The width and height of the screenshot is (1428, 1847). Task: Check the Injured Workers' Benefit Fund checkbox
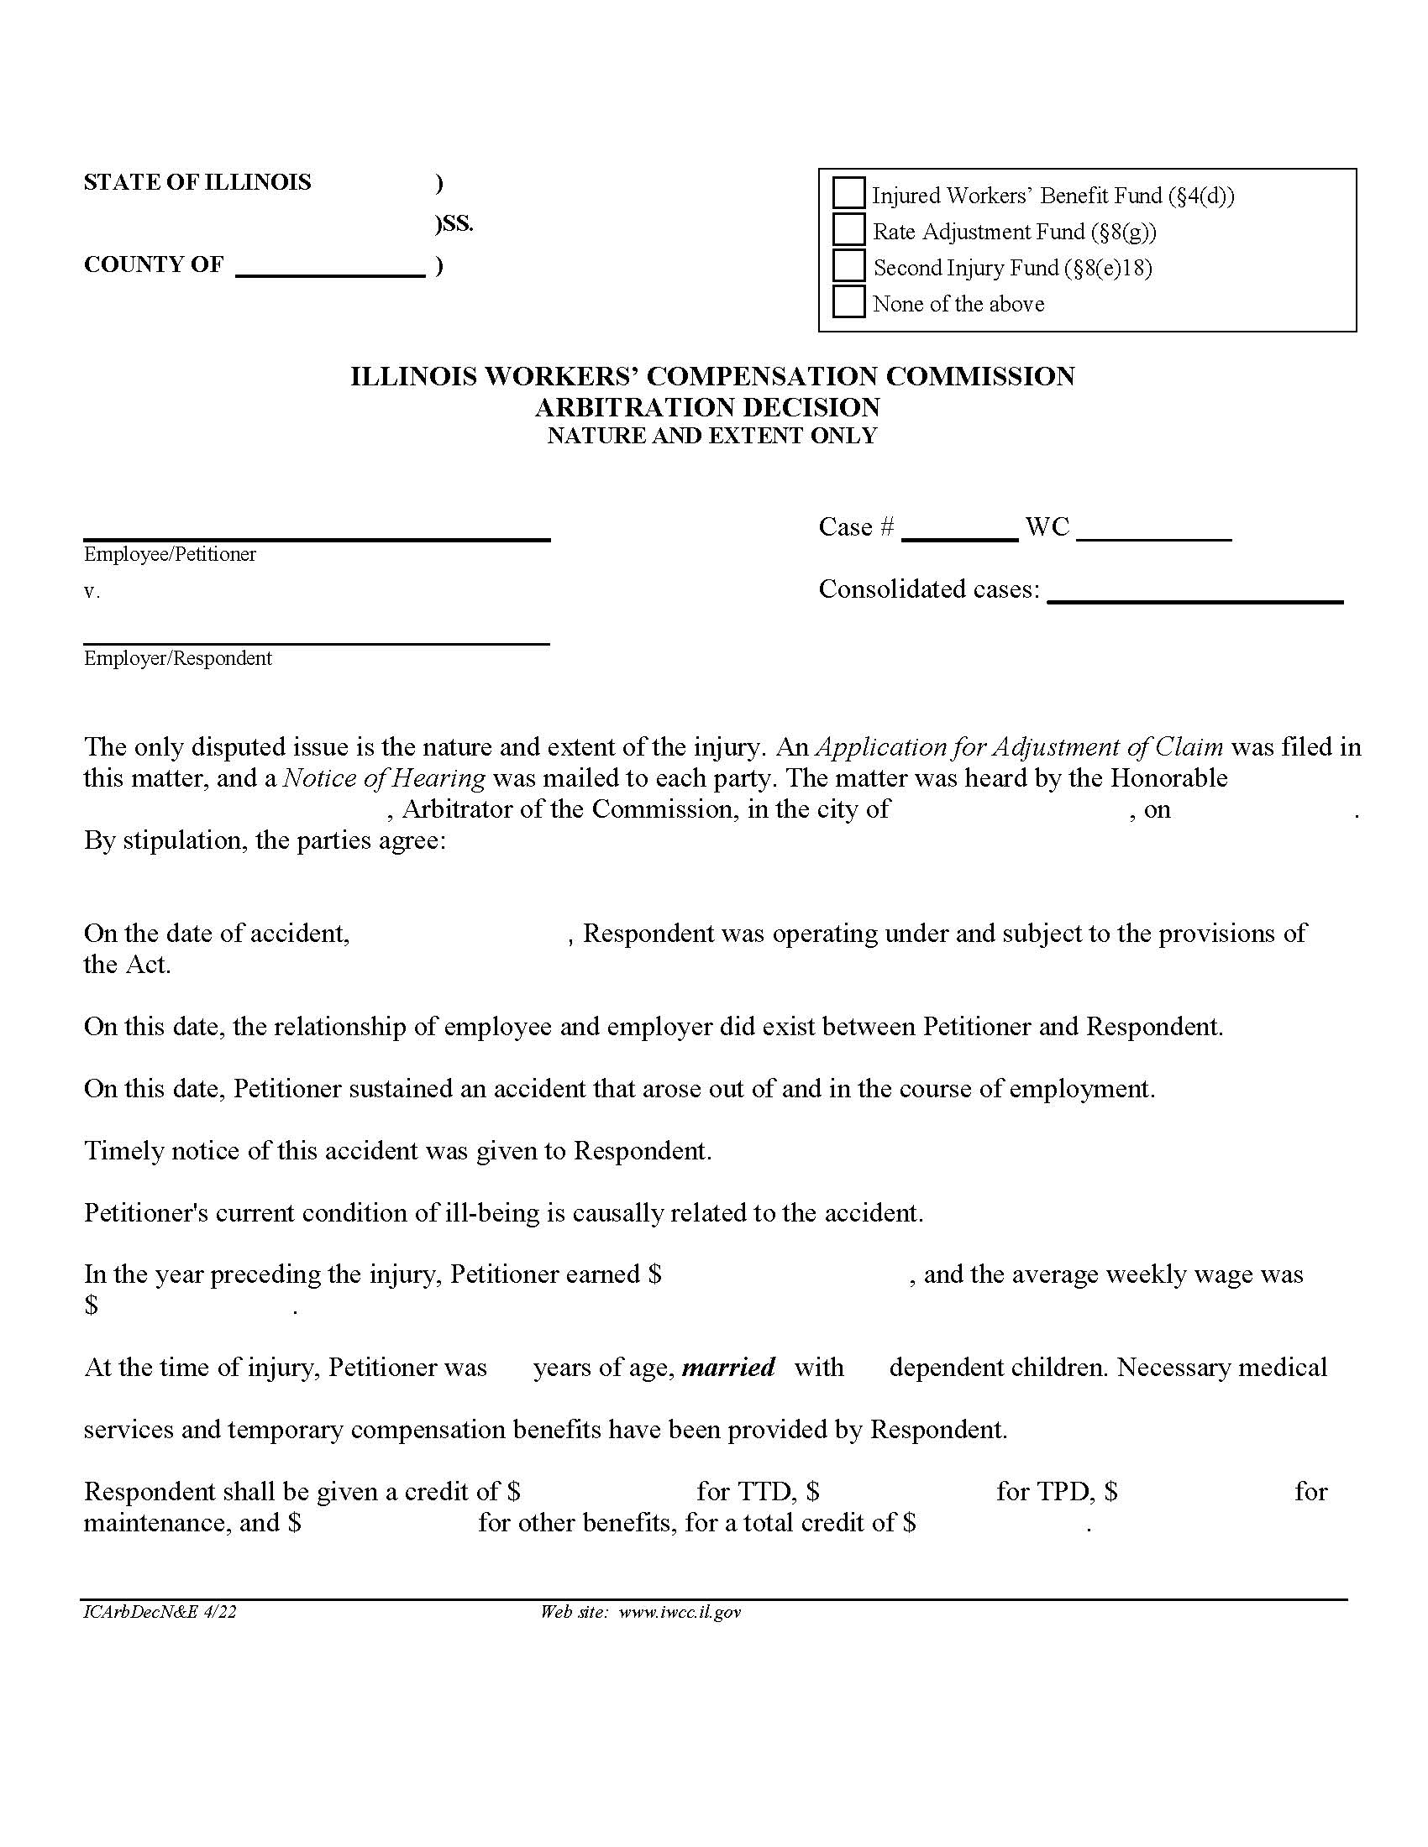pos(848,193)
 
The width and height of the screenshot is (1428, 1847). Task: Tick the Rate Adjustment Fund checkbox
pos(848,229)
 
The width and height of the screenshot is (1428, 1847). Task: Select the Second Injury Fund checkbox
pos(848,265)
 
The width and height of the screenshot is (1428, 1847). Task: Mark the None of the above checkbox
pos(848,301)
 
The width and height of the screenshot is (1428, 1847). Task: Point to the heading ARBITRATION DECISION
pos(707,408)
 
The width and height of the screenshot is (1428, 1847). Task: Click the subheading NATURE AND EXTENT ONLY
pos(711,437)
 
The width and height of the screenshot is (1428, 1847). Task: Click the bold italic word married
pos(727,1368)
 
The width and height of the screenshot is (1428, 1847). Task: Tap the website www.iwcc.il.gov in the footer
pos(680,1613)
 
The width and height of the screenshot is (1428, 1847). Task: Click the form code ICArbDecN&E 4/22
pos(160,1613)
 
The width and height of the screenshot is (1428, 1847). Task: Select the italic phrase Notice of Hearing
pos(384,778)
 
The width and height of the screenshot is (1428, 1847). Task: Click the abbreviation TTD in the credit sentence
pos(764,1492)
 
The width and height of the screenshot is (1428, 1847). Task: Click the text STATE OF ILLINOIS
pos(197,183)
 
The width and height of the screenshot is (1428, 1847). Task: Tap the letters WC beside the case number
pos(1047,528)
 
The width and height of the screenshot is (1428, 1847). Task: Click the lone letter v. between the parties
pos(91,593)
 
